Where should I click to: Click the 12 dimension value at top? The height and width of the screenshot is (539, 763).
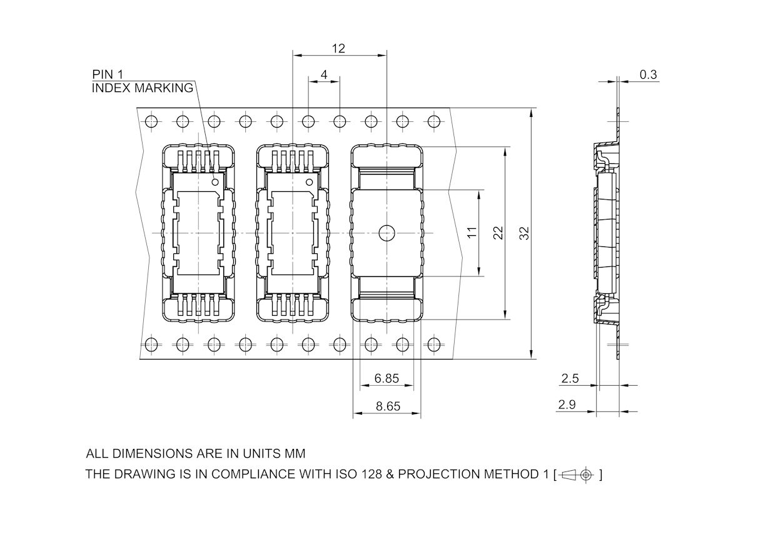click(338, 48)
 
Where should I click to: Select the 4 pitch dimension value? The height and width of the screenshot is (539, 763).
click(323, 74)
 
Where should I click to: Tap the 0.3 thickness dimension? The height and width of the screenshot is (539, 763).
click(649, 74)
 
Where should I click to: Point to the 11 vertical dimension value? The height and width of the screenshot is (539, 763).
click(472, 232)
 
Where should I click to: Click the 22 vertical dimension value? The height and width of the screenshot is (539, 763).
click(498, 233)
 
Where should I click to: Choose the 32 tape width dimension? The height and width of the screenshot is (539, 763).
click(525, 233)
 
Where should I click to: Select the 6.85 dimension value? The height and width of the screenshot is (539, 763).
click(387, 378)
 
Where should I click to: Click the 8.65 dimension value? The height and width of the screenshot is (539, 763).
click(388, 406)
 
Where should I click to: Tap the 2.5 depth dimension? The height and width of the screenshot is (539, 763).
click(570, 378)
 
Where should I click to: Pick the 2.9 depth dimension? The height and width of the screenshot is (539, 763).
click(567, 405)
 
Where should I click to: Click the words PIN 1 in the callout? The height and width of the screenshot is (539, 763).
click(108, 74)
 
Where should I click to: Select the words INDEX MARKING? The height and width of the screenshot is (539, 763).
click(143, 88)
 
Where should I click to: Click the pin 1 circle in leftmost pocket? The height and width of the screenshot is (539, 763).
click(215, 182)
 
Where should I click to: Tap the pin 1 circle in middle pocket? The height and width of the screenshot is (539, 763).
click(309, 182)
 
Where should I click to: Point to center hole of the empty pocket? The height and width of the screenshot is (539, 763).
click(387, 233)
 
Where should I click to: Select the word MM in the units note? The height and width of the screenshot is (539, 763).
click(295, 454)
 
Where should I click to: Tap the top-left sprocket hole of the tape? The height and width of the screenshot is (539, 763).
click(151, 121)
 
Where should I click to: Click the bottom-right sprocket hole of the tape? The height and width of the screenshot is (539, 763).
click(433, 344)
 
